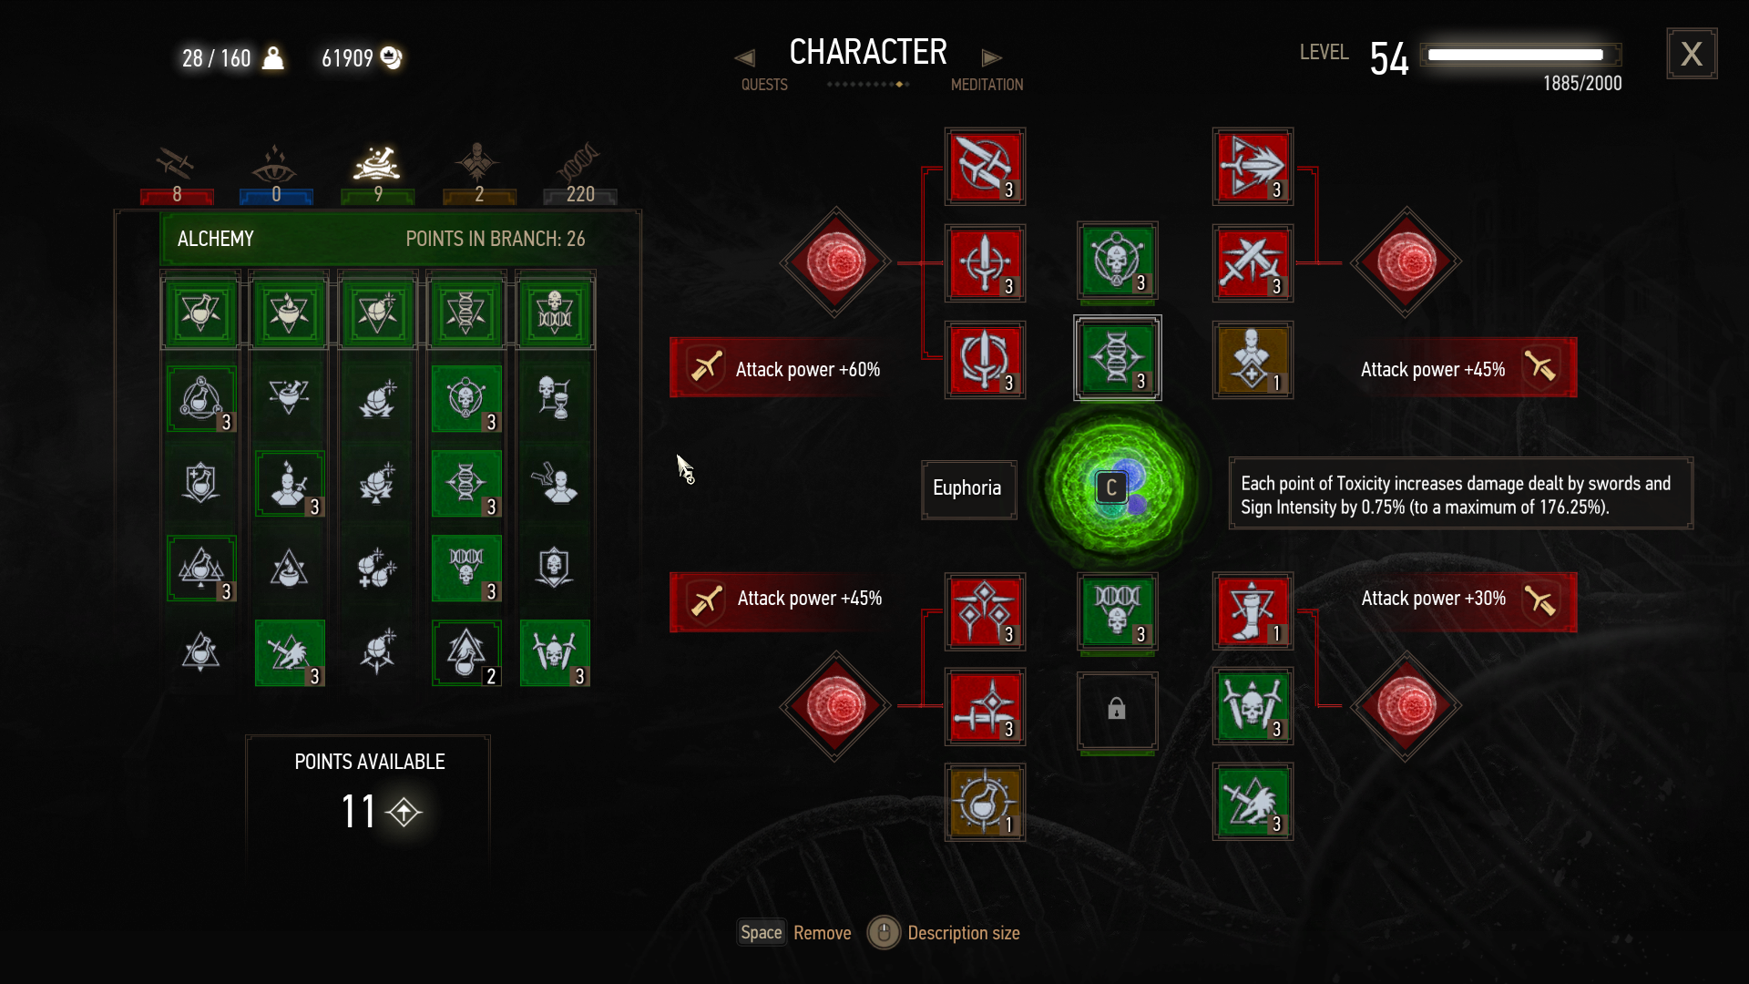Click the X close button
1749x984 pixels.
[1692, 54]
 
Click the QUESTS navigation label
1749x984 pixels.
[763, 85]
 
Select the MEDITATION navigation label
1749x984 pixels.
[987, 85]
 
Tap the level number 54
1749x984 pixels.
[1389, 59]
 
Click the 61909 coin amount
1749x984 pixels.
[347, 59]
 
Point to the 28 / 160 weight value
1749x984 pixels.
[216, 59]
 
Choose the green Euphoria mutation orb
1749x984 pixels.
[1115, 487]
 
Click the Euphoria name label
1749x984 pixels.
[967, 488]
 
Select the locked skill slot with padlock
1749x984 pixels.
[1117, 711]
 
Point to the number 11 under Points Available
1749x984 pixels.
[358, 811]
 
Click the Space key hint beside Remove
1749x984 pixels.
[761, 932]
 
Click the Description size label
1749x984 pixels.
[963, 933]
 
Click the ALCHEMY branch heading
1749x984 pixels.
[216, 239]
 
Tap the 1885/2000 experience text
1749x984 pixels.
[1581, 84]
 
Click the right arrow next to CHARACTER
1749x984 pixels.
[991, 58]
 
